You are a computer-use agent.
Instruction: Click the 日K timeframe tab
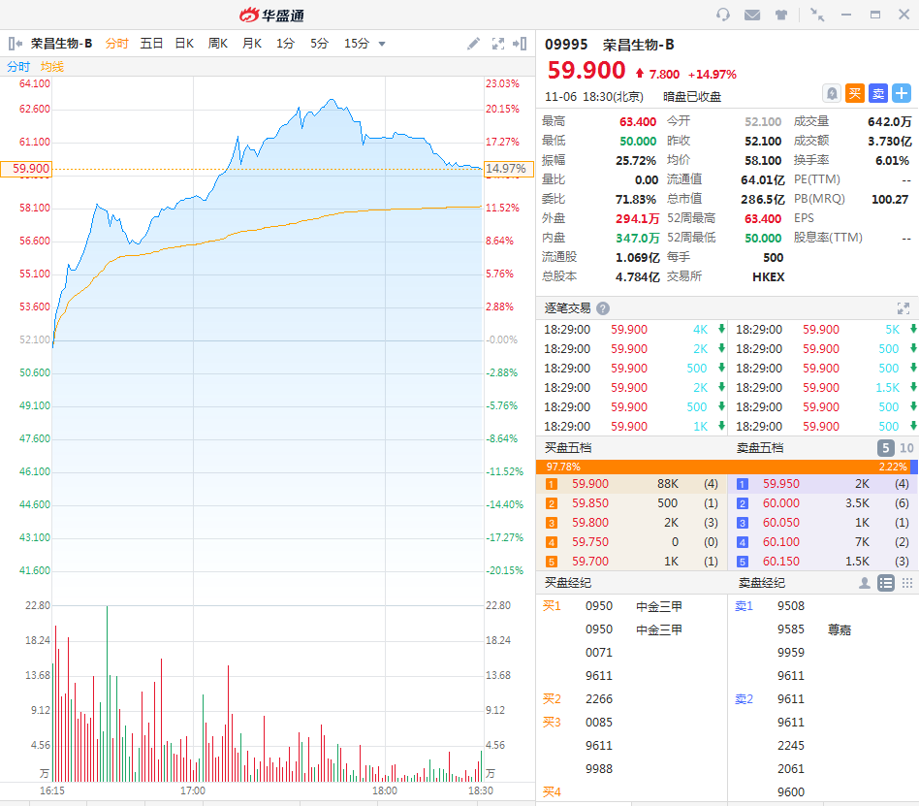pos(184,44)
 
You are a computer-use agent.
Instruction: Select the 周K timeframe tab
pos(218,44)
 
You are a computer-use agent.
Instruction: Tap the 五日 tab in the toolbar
pos(151,44)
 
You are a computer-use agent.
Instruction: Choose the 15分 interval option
pos(356,44)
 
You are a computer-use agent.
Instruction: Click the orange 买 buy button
pos(854,93)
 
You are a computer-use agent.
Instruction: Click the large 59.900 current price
pos(586,71)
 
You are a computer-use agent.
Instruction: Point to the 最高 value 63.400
pos(638,121)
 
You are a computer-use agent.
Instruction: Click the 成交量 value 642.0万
pos(889,121)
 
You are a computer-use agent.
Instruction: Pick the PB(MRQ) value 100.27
pos(890,199)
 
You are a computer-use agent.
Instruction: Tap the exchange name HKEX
pos(768,276)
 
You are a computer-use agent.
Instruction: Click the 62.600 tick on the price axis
pos(35,109)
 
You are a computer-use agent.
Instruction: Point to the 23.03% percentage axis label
pos(502,83)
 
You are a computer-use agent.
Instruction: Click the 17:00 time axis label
pos(193,790)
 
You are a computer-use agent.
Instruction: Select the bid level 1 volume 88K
pos(667,484)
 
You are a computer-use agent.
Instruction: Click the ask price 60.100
pos(781,542)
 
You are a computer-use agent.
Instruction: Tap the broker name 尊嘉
pos(840,629)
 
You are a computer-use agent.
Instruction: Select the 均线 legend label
pos(51,67)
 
